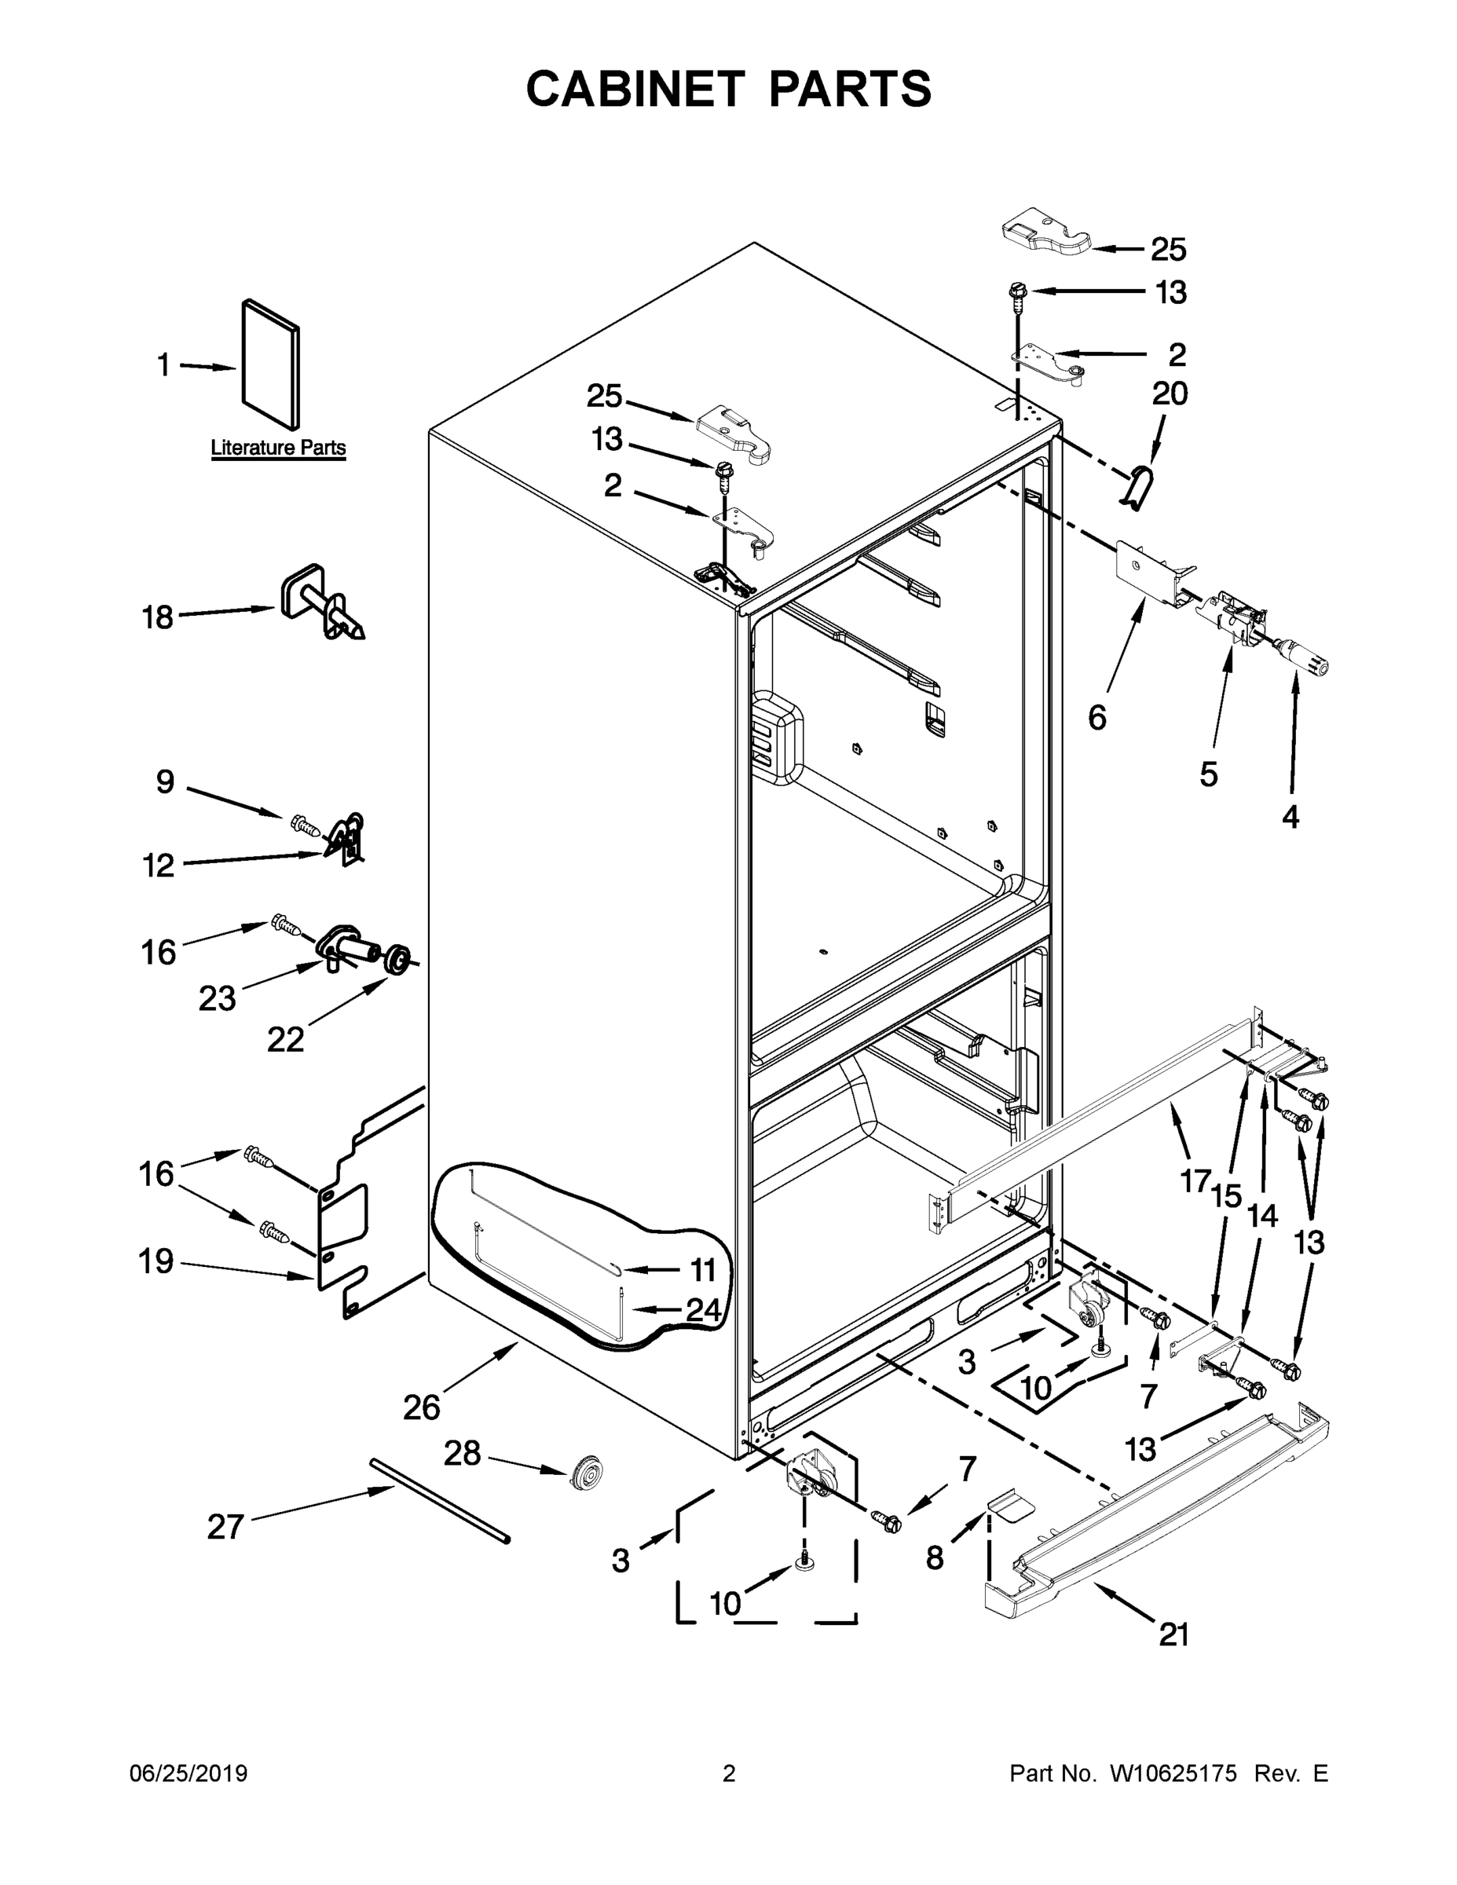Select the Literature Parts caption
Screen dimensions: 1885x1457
[278, 448]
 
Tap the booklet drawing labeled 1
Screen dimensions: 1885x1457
[271, 364]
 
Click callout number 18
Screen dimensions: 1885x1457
[158, 618]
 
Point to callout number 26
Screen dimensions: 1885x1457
[421, 1407]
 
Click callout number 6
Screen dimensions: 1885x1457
[1096, 717]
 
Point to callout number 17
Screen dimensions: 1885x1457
[1195, 1180]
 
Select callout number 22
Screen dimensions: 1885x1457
[285, 1039]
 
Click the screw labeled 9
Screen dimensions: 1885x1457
[306, 826]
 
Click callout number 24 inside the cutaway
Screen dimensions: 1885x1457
[704, 1310]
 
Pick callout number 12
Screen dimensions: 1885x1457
[159, 865]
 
